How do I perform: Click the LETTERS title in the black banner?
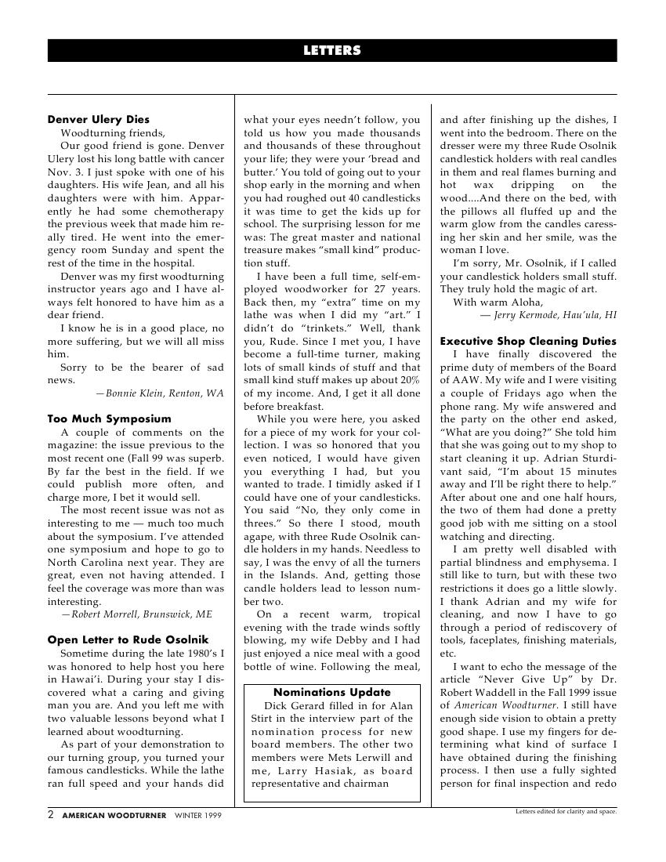(332, 51)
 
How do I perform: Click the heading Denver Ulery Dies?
(98, 120)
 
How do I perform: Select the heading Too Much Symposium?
(109, 418)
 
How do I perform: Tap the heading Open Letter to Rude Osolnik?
(128, 640)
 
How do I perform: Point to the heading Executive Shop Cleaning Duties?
(528, 341)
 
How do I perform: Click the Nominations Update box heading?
(332, 692)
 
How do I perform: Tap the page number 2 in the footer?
(51, 815)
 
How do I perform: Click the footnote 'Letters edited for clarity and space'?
(566, 811)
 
